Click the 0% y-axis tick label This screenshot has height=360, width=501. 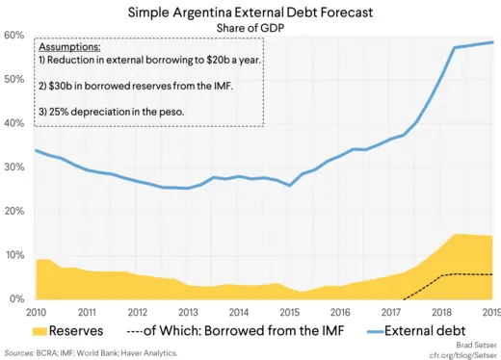coord(15,298)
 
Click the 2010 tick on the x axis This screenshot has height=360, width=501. coord(36,312)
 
